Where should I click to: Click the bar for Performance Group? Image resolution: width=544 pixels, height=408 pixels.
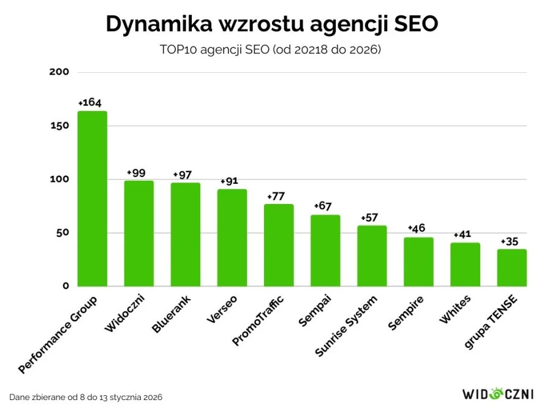pyautogui.click(x=93, y=198)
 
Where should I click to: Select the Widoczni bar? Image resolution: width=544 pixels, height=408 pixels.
pyautogui.click(x=139, y=233)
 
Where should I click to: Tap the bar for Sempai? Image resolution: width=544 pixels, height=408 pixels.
pyautogui.click(x=325, y=251)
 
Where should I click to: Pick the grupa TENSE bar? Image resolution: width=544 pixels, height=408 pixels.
pyautogui.click(x=512, y=268)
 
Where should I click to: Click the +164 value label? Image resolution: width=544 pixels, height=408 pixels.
pyautogui.click(x=89, y=102)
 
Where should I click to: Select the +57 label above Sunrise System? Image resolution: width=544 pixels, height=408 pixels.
pyautogui.click(x=370, y=217)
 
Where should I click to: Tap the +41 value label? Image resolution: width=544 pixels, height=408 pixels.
pyautogui.click(x=464, y=235)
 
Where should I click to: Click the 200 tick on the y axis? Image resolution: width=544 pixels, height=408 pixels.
pyautogui.click(x=60, y=72)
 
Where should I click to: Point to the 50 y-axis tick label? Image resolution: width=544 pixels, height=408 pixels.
pyautogui.click(x=62, y=233)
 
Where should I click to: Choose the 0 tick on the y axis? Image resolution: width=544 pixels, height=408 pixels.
pyautogui.click(x=66, y=286)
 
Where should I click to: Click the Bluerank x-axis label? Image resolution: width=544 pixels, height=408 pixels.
pyautogui.click(x=172, y=315)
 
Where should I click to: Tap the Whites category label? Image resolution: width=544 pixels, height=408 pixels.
pyautogui.click(x=455, y=310)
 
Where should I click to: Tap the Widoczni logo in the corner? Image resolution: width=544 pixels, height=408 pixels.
pyautogui.click(x=497, y=393)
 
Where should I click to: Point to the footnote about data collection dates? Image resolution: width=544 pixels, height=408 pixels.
pyautogui.click(x=86, y=397)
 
